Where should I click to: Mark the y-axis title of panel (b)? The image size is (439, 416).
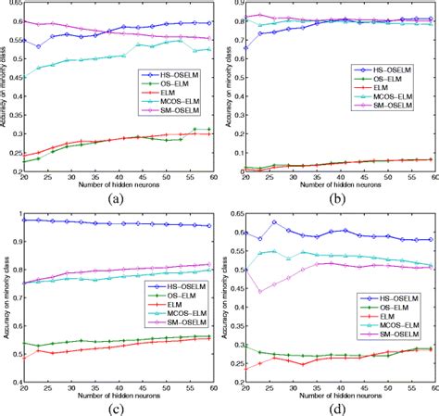229,88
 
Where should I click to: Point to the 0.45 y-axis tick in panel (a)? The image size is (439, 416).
9,79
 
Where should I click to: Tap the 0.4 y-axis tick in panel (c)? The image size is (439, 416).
12,381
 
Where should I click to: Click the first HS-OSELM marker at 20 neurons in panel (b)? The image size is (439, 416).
244,47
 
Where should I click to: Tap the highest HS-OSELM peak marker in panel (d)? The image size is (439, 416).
274,221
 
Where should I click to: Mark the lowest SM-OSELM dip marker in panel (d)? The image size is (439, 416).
259,292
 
